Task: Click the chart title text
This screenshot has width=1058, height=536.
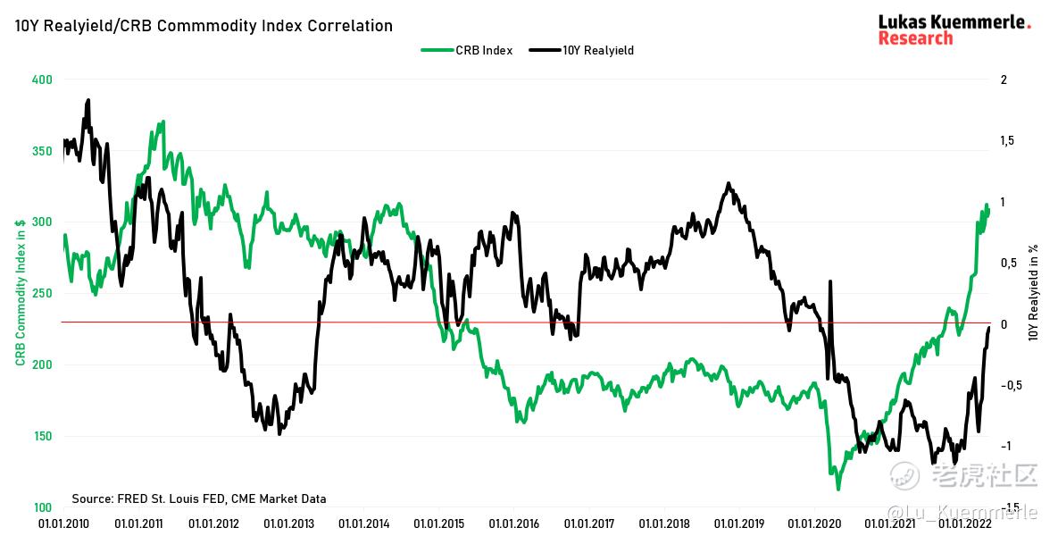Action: [x=204, y=26]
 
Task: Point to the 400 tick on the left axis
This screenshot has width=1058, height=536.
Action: [x=42, y=80]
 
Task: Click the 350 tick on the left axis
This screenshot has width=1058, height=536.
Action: [x=42, y=151]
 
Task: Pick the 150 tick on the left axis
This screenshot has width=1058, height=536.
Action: [x=42, y=436]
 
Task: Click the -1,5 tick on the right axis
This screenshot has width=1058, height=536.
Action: [x=1010, y=507]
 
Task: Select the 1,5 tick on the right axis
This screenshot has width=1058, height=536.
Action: [x=1008, y=141]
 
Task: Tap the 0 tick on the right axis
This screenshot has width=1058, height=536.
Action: [x=1004, y=323]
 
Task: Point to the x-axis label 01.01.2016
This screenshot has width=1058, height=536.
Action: [x=512, y=524]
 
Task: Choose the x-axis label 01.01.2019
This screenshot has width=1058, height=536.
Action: [x=737, y=524]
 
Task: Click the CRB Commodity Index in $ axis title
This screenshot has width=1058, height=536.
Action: [x=20, y=293]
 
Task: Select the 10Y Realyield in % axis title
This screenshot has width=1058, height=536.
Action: [x=1034, y=293]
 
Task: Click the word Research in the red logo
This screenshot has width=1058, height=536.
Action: [x=915, y=38]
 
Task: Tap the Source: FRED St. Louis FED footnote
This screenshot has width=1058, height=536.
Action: [x=199, y=498]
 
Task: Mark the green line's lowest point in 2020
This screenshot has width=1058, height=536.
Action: [x=838, y=489]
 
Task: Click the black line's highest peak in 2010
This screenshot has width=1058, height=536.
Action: [x=87, y=100]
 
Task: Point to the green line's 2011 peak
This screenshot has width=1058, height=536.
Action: [x=162, y=121]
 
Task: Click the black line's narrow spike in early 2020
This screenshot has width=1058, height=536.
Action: [x=830, y=282]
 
